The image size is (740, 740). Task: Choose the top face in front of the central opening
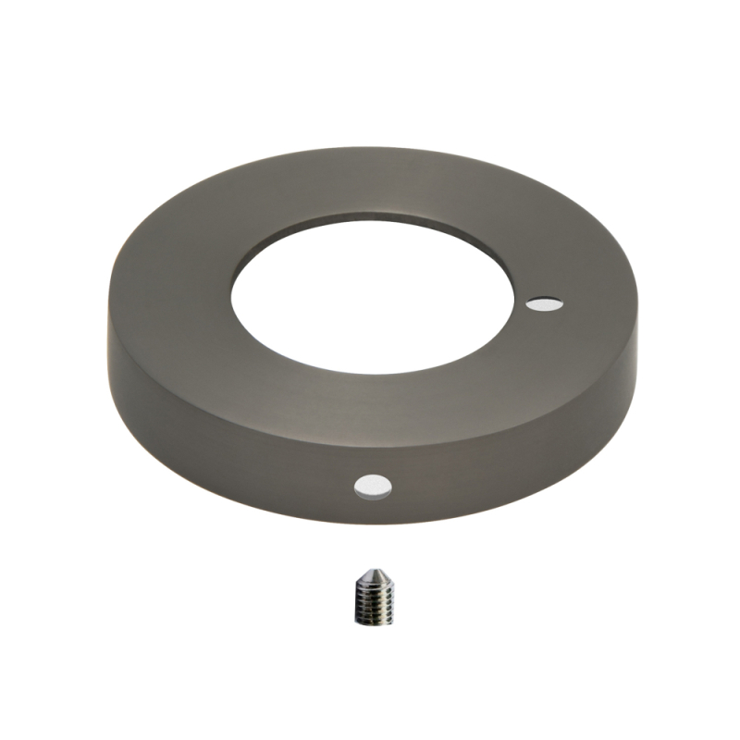pyautogui.click(x=370, y=407)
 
